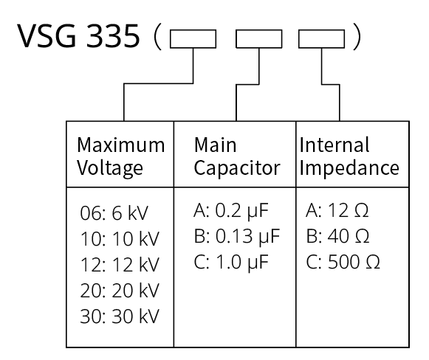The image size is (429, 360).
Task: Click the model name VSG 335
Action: [78, 36]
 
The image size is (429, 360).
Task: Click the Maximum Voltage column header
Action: [120, 156]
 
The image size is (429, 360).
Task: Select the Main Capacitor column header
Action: [237, 156]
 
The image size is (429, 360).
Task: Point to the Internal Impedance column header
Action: [349, 156]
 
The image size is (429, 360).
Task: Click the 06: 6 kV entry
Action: [114, 213]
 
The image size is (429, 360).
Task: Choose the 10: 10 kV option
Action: [120, 238]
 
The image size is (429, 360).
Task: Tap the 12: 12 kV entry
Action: [120, 264]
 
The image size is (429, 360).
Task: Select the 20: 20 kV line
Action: [120, 290]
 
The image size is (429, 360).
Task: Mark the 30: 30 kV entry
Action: [120, 316]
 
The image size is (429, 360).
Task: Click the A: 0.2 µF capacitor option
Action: [231, 211]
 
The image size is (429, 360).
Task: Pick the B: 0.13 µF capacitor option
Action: [237, 237]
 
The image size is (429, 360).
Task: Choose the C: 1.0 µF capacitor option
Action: [231, 262]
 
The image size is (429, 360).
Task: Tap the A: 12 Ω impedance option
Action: [337, 210]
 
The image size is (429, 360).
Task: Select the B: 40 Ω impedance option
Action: [337, 236]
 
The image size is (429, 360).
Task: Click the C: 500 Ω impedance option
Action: [343, 262]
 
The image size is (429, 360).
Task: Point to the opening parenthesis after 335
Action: [157, 37]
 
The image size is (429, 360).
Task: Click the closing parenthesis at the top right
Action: [357, 37]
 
